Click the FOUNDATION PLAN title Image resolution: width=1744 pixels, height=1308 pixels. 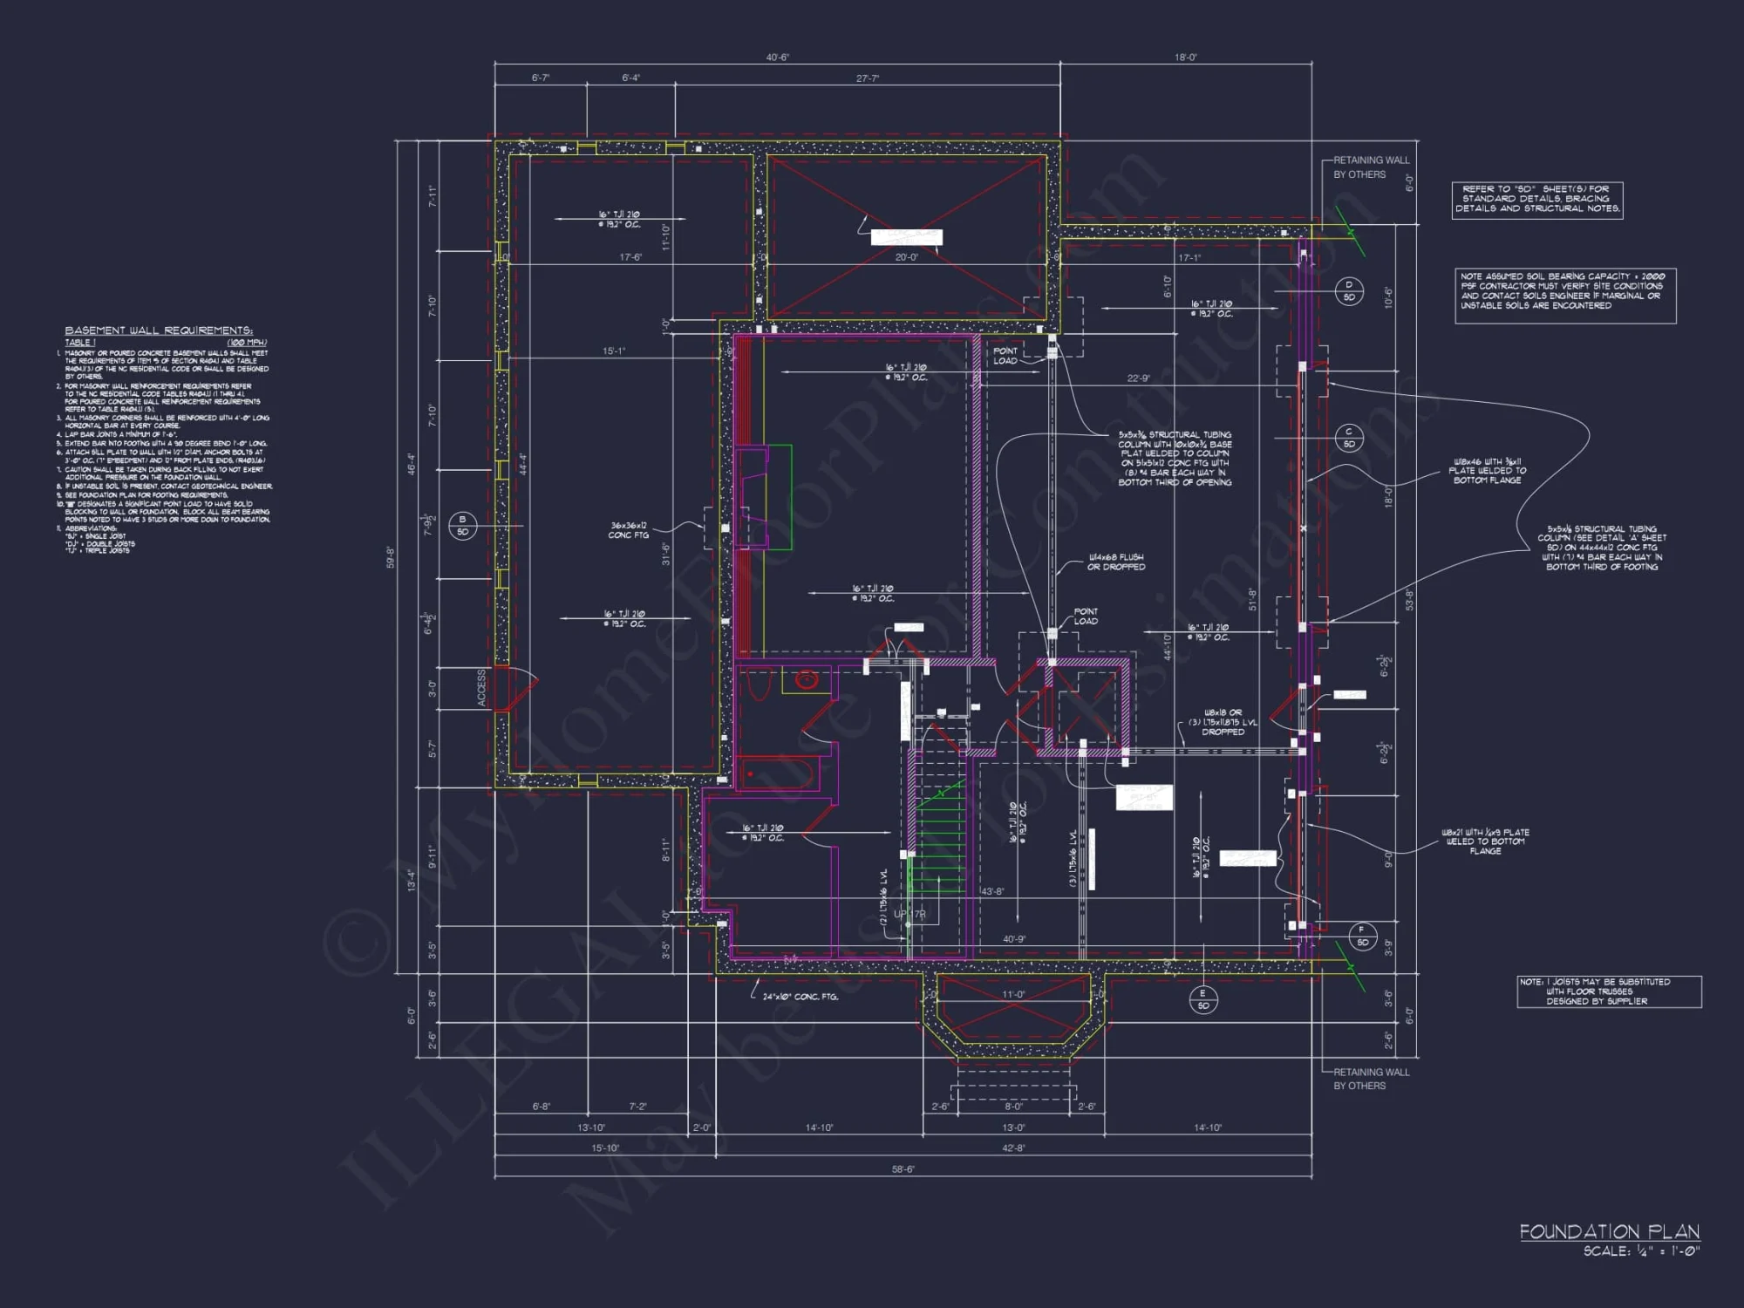click(x=1610, y=1231)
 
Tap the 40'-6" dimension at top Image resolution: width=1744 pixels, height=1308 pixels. click(x=777, y=58)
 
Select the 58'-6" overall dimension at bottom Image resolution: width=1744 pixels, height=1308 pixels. click(x=903, y=1169)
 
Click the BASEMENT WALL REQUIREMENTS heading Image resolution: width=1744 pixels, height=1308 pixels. click(x=159, y=330)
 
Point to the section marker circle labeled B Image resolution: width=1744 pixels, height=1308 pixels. click(x=462, y=526)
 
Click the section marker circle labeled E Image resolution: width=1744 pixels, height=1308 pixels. click(x=1203, y=999)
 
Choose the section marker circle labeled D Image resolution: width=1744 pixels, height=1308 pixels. click(x=1349, y=290)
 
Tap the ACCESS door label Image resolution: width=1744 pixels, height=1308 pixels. click(x=481, y=688)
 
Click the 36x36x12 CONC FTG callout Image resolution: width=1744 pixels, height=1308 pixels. click(x=629, y=530)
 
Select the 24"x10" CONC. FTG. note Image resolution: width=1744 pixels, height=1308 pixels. click(x=800, y=997)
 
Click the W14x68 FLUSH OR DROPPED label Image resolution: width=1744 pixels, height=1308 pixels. click(x=1116, y=562)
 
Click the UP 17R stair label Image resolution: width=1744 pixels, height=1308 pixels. click(x=909, y=914)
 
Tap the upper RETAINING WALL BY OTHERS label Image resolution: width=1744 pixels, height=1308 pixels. click(x=1371, y=167)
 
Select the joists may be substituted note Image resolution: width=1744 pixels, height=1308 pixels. click(x=1608, y=991)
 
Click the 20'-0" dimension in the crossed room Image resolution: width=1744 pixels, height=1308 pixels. click(x=906, y=257)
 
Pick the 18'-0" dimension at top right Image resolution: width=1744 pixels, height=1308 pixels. click(x=1186, y=58)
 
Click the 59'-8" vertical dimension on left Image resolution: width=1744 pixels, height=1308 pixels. click(x=391, y=558)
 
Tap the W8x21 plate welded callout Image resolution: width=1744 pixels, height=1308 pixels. click(x=1484, y=841)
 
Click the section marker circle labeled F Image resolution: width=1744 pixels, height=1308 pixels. click(x=1362, y=936)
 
